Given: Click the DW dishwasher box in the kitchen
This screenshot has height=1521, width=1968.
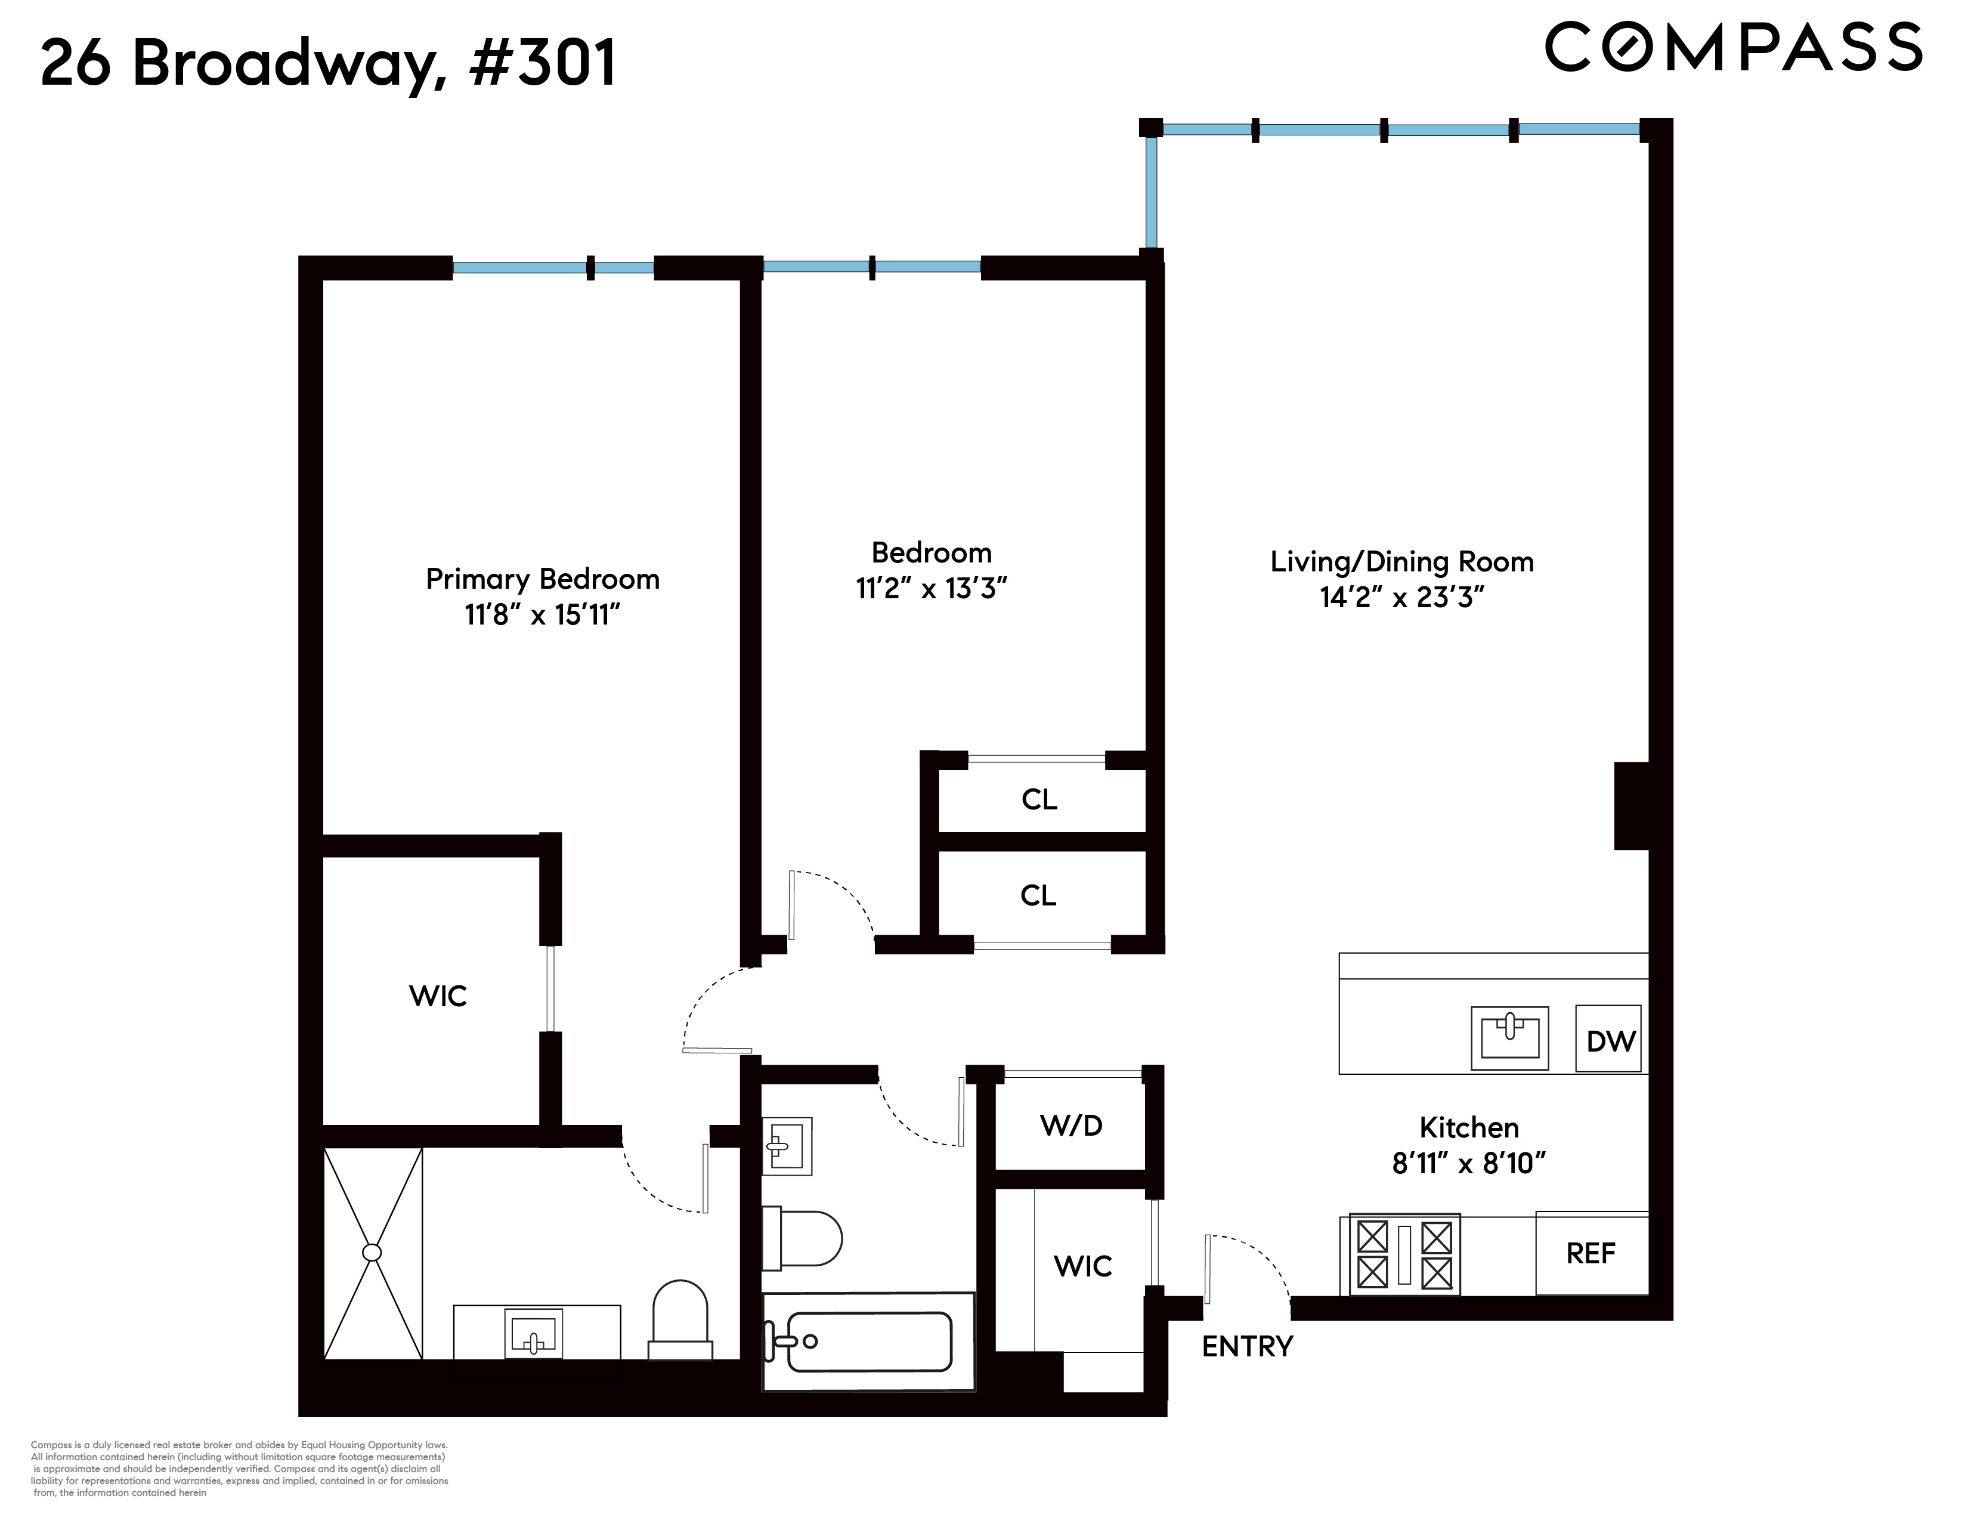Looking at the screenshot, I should [x=1608, y=1039].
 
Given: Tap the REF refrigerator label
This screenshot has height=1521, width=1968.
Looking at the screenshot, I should [x=1591, y=1253].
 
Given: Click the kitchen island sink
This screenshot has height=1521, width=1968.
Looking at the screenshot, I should [x=1509, y=1037].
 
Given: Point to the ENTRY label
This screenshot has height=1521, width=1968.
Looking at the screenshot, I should [x=1247, y=1346].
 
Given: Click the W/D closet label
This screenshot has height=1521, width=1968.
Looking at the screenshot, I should [x=1070, y=1126].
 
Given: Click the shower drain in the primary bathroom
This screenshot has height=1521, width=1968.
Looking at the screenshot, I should [x=372, y=1253].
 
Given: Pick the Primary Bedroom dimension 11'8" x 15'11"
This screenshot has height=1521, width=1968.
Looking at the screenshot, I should [x=543, y=616].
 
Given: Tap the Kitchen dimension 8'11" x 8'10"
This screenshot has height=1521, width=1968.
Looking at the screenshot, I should [x=1469, y=1163].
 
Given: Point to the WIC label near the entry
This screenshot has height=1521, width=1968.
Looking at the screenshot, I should [x=1082, y=1266].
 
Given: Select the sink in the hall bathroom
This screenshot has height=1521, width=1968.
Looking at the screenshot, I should [x=787, y=1146].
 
